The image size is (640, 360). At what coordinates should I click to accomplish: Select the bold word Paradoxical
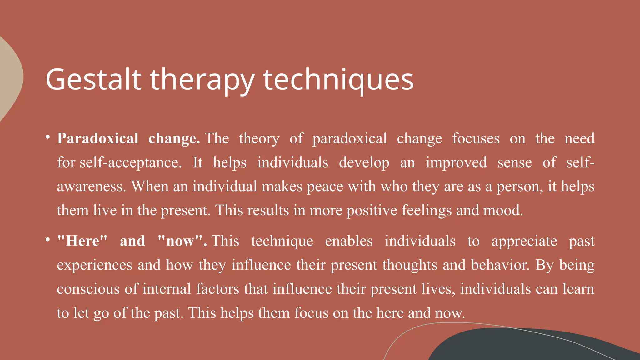coord(98,138)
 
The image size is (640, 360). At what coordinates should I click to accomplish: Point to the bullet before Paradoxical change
coord(47,137)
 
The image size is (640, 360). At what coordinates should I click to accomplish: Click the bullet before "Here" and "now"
coord(47,240)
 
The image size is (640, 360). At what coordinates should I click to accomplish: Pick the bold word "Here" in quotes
coord(82,241)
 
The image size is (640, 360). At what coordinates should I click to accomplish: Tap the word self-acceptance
coord(130,163)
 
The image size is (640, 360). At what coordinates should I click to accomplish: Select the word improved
coord(456,162)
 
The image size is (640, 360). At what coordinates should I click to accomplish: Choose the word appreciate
coord(524,241)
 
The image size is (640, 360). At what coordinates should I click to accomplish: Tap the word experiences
coord(95,265)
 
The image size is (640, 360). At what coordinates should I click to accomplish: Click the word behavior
coord(500,265)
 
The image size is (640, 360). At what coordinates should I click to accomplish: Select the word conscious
coord(88,289)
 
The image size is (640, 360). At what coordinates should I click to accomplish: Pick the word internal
coord(167,289)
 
